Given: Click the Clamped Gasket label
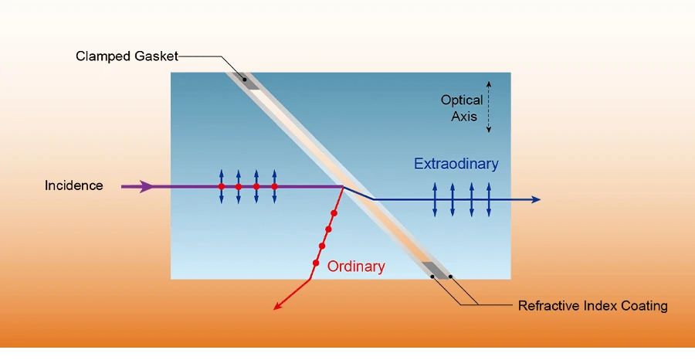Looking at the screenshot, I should click(127, 56).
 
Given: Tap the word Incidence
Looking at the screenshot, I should click(73, 186).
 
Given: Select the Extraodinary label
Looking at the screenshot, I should click(456, 164).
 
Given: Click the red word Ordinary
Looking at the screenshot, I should click(356, 267).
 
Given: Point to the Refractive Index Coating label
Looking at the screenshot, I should click(592, 306).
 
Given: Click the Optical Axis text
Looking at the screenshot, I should click(462, 108).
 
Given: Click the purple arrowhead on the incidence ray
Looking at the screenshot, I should click(146, 186).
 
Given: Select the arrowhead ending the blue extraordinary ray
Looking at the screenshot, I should click(535, 200).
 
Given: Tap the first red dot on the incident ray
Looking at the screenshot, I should click(221, 187).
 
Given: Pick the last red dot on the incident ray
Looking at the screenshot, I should click(274, 187).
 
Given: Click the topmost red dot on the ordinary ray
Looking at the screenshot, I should click(334, 212).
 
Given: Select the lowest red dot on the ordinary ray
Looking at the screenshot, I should click(316, 263).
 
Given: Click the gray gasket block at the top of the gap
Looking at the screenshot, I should click(247, 80).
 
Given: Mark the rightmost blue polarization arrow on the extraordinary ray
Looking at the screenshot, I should click(490, 199).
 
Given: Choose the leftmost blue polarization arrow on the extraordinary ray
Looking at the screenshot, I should click(434, 199).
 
